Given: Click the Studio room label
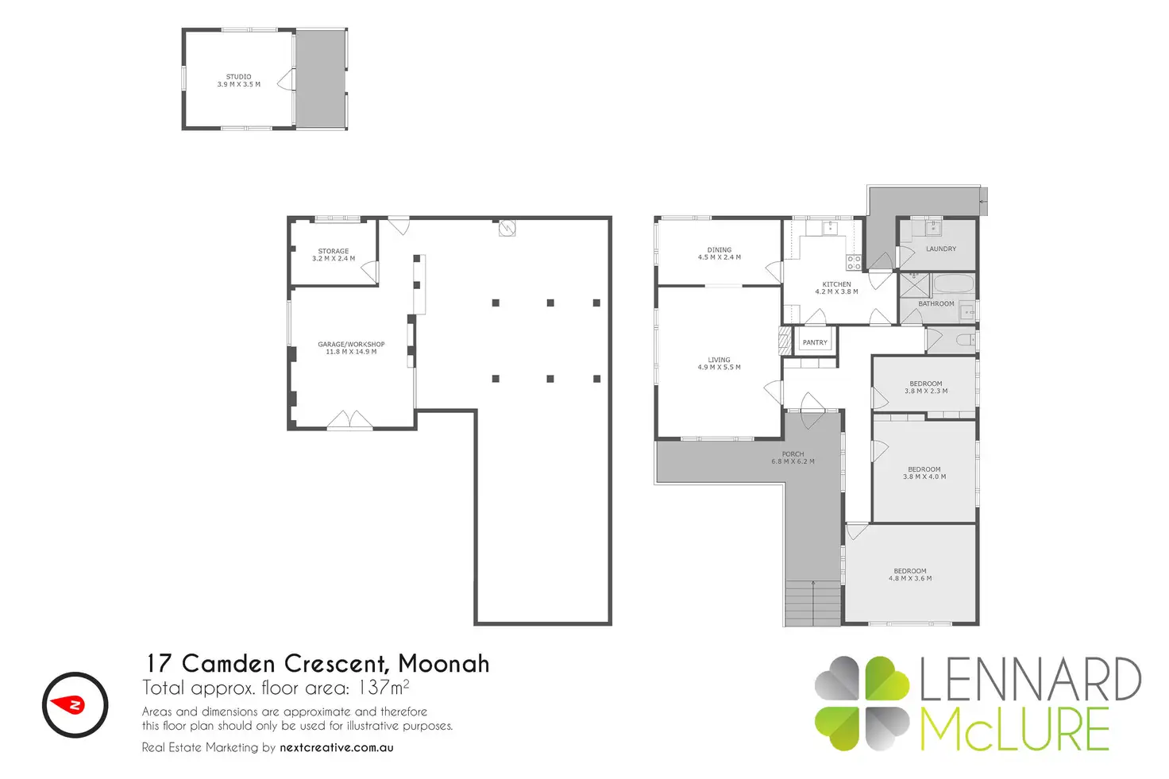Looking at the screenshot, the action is pos(238,77).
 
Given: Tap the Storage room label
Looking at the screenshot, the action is pos(334,251).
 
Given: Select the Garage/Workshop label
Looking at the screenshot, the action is pos(351,345).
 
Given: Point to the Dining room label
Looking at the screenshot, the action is pos(720,250).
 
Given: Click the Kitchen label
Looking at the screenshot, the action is pos(836,284).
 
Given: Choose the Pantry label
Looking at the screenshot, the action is pos(815,343).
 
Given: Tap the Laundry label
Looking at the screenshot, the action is pos(941,249).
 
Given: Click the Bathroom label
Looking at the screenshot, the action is pos(936,303).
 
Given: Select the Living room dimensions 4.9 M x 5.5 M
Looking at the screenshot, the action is pos(720,368).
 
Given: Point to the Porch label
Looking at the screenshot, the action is pos(793,454).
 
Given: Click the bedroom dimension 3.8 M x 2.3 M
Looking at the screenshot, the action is pos(926,391).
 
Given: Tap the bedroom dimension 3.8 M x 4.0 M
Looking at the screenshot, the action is pos(924,476).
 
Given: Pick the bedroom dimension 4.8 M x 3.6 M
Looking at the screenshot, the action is pos(910,578).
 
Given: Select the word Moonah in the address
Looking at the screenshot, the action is pos(444,664).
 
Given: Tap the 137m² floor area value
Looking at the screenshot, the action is pos(383,688).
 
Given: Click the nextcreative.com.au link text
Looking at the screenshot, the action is pos(337,748).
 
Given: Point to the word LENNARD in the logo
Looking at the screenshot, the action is pos(1031,679).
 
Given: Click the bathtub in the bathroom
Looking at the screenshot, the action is pos(954,284).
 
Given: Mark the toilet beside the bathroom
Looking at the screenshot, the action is pos(966,341).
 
